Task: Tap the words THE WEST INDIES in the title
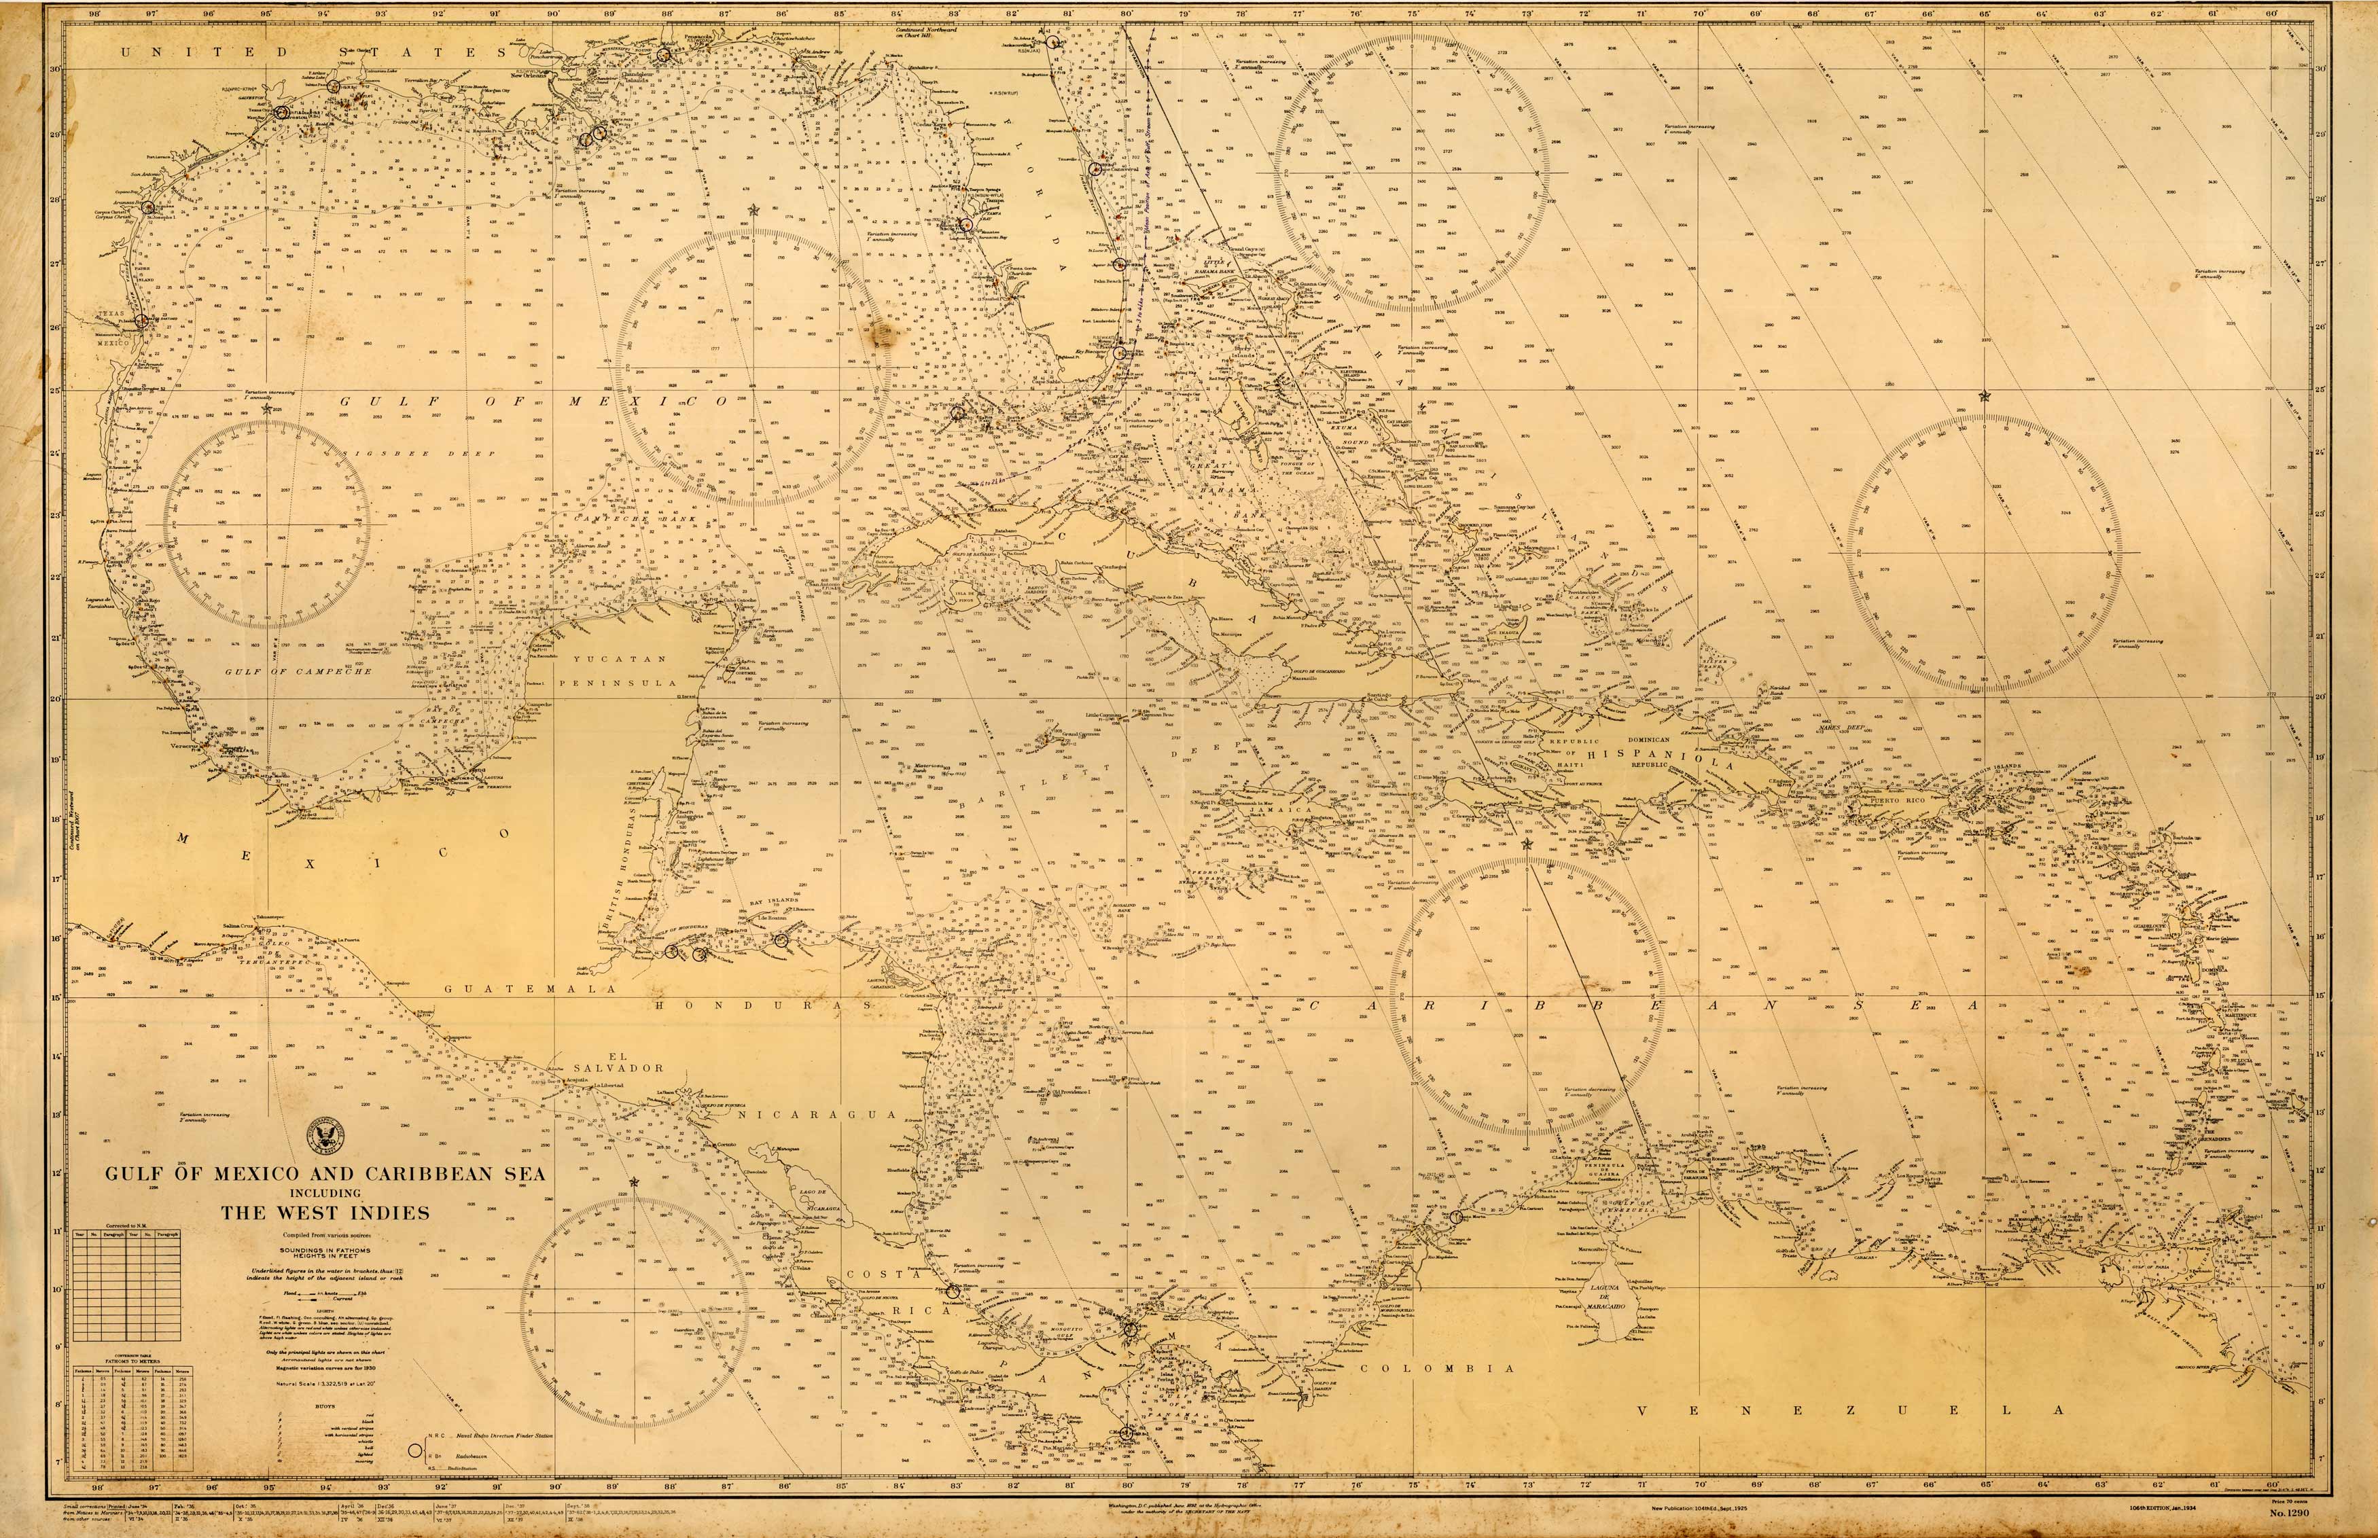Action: coord(325,1213)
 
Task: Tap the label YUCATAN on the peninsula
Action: coord(619,659)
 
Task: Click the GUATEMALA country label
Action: coord(516,988)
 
